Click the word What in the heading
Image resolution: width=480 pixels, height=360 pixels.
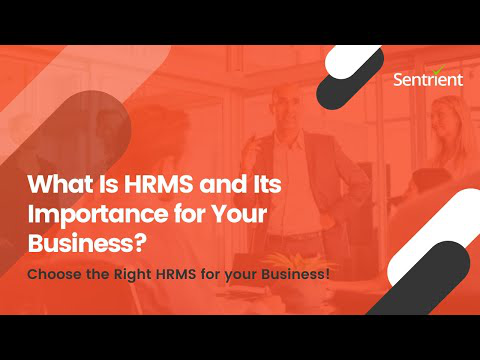click(x=61, y=184)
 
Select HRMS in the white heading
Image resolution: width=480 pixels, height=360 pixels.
click(x=159, y=184)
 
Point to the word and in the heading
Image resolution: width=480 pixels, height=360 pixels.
click(x=221, y=184)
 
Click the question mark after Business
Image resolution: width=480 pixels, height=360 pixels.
click(x=140, y=243)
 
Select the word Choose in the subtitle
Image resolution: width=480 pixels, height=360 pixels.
click(x=54, y=275)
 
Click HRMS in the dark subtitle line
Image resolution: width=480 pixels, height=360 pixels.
click(x=176, y=275)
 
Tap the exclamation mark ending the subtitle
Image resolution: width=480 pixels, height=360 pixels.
click(x=328, y=274)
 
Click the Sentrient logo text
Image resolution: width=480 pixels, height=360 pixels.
click(x=428, y=80)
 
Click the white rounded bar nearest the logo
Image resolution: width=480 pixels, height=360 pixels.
click(x=352, y=61)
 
